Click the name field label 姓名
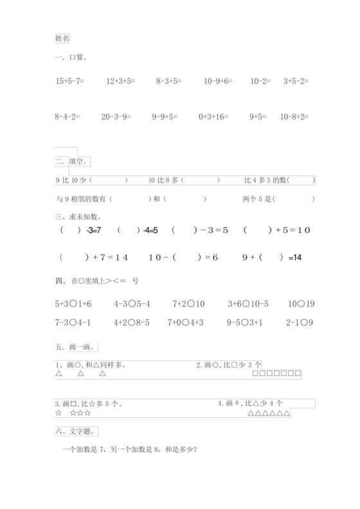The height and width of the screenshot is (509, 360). click(62, 39)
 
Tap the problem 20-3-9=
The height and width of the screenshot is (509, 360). click(116, 117)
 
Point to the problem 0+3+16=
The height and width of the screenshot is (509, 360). click(213, 117)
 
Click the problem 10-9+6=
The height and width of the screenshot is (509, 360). click(218, 82)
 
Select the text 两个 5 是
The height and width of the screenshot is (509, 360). click(258, 199)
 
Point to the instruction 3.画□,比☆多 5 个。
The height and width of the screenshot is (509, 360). click(89, 404)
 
